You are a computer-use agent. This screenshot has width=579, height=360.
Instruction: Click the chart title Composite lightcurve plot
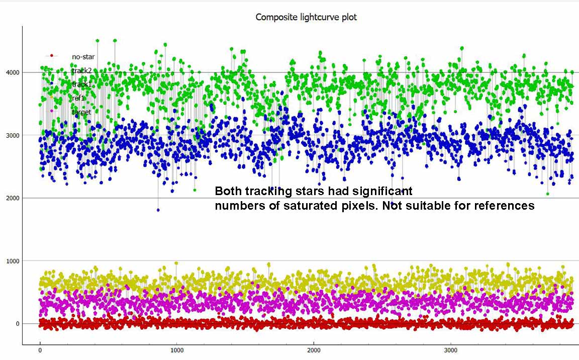click(x=306, y=17)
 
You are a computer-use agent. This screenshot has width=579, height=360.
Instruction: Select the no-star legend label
click(x=83, y=57)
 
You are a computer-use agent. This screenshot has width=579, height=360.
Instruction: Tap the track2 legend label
click(x=81, y=71)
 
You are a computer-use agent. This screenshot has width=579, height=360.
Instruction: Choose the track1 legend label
click(x=81, y=84)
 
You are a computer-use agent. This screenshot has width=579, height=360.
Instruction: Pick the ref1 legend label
click(x=78, y=98)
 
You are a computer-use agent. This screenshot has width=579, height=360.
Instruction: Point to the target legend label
click(x=81, y=112)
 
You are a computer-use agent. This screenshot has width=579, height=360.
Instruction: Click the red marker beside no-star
click(x=51, y=56)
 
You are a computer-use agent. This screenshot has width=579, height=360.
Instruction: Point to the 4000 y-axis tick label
click(x=12, y=72)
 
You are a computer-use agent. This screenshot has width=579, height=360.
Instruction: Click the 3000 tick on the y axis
click(x=12, y=135)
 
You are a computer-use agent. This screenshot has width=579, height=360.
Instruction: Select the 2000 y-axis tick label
click(x=12, y=198)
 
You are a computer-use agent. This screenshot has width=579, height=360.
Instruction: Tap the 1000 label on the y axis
click(x=12, y=261)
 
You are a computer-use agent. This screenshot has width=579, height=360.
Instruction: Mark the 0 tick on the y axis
click(x=17, y=324)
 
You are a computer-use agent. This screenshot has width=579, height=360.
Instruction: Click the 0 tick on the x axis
click(x=40, y=350)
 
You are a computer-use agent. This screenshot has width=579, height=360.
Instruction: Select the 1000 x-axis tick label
click(x=176, y=350)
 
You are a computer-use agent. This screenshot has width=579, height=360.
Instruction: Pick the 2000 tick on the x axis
click(x=314, y=350)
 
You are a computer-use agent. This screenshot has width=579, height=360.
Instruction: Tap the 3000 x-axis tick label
click(x=451, y=350)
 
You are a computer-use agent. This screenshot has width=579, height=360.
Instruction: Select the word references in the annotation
click(x=505, y=205)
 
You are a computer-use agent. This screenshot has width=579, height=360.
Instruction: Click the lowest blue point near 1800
click(x=158, y=210)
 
